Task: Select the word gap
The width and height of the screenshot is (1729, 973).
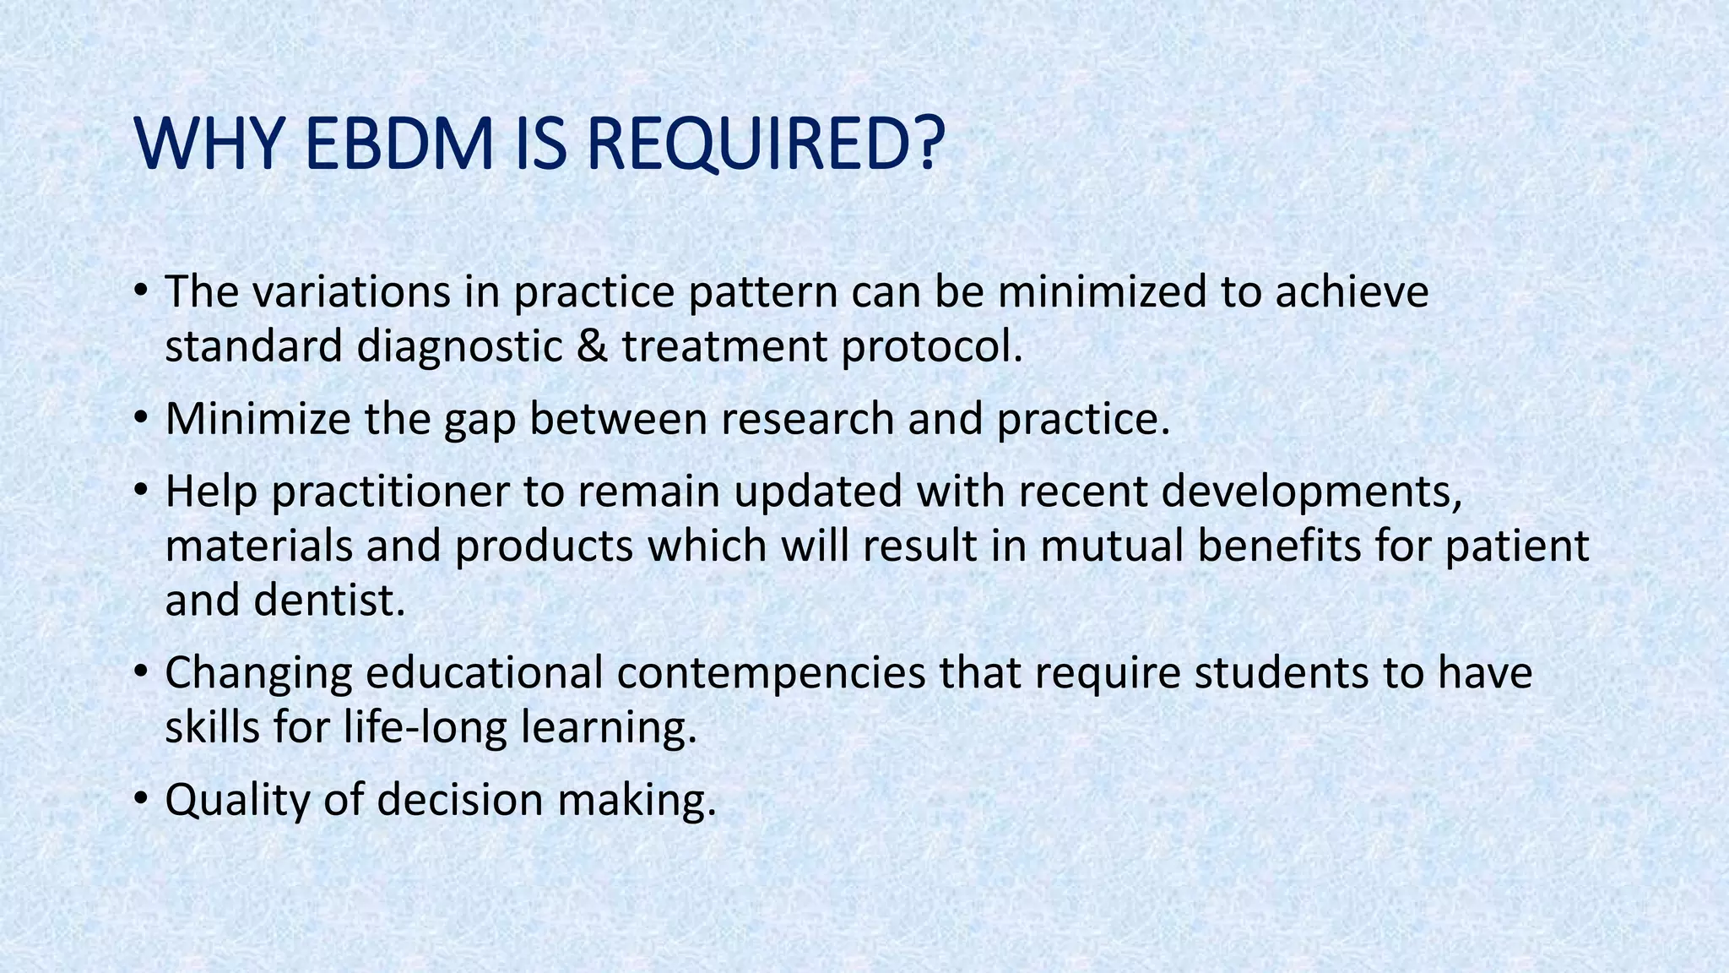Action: click(480, 421)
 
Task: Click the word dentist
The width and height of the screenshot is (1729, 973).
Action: click(330, 601)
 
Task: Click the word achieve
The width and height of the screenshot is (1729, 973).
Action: click(1352, 292)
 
